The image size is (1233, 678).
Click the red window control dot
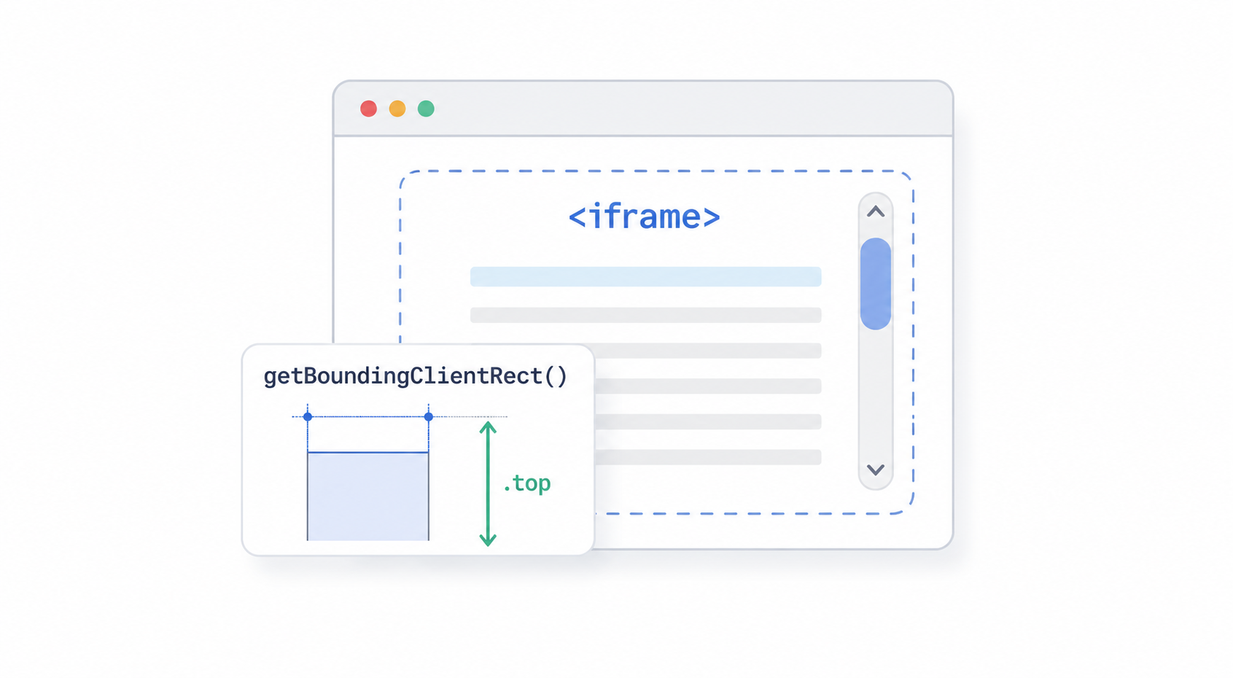click(x=368, y=109)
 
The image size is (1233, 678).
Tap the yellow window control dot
click(x=397, y=109)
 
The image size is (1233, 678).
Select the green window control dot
click(x=426, y=109)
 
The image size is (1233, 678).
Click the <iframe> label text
click(x=644, y=217)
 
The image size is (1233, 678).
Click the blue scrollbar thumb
click(x=875, y=284)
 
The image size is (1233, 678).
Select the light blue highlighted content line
click(x=646, y=276)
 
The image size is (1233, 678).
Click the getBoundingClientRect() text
click(x=415, y=376)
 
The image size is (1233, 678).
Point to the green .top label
click(x=526, y=483)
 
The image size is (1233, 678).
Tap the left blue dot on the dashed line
click(x=308, y=416)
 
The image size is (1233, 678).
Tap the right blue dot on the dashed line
click(x=429, y=416)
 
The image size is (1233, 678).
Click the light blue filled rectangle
click(x=367, y=496)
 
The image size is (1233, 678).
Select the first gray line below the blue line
click(x=646, y=315)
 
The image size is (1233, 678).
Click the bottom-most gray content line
click(x=708, y=457)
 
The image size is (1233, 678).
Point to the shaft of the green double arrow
click(x=488, y=484)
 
